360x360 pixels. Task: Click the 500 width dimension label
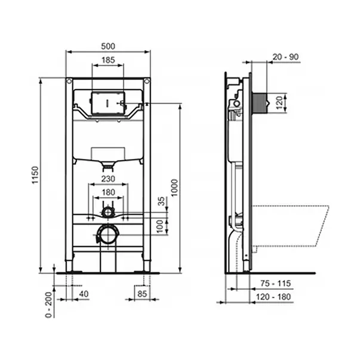coord(108,46)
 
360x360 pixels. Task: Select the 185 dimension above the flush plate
coord(108,60)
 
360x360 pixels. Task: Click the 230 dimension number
coord(108,178)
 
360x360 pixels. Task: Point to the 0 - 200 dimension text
coord(50,303)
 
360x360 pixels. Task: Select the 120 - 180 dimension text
coord(275,296)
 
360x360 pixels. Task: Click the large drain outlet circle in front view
coord(108,235)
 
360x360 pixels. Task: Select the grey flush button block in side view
coord(260,103)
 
